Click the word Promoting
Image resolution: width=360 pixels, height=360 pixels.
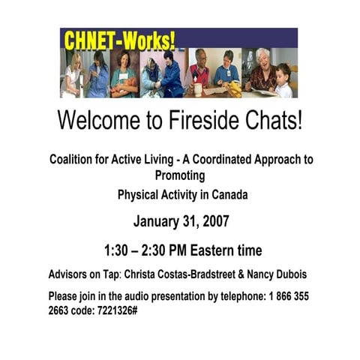point(180,175)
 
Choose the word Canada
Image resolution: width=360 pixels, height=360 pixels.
point(226,195)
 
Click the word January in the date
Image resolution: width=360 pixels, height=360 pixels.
point(160,222)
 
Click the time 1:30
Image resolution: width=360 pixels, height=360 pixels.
point(118,250)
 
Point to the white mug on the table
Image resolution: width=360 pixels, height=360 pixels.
point(198,87)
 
